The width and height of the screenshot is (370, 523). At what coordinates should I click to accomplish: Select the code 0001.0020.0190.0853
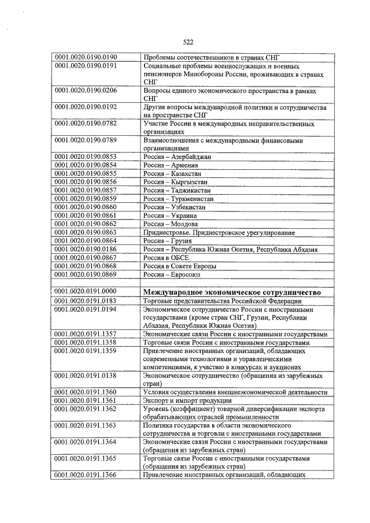pyautogui.click(x=86, y=157)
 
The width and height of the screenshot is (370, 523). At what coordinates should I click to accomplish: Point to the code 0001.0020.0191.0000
pyautogui.click(x=86, y=292)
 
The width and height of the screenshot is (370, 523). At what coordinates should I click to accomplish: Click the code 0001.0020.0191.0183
pyautogui.click(x=86, y=301)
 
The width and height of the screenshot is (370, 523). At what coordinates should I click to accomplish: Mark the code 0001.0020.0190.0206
pyautogui.click(x=86, y=91)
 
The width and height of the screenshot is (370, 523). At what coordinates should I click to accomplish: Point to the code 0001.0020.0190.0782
pyautogui.click(x=86, y=124)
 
